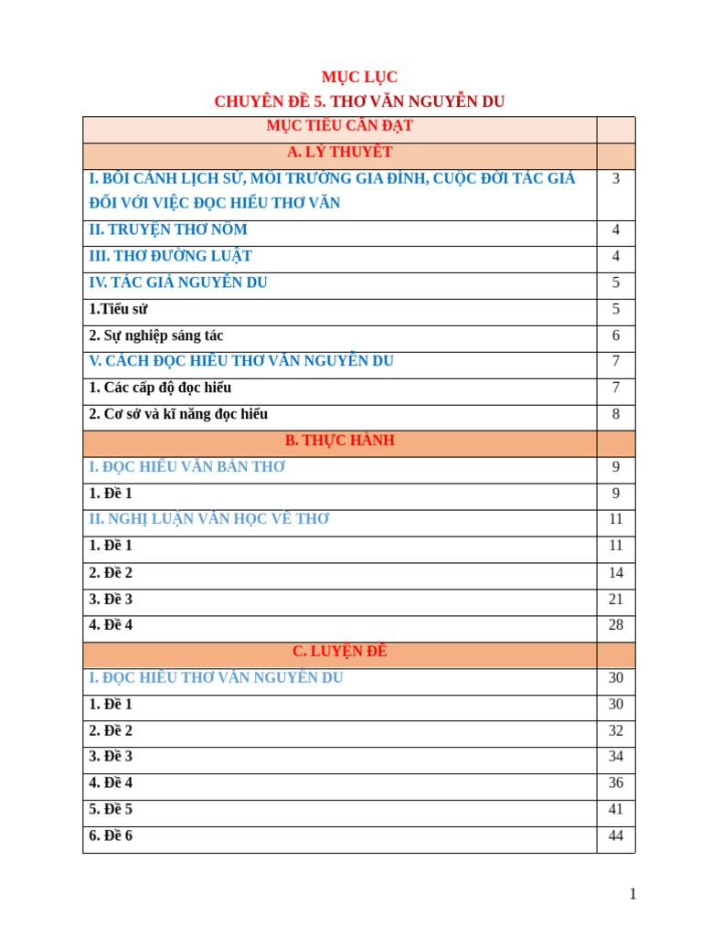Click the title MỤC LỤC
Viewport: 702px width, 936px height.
359,78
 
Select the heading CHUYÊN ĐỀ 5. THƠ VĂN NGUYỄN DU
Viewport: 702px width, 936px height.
359,101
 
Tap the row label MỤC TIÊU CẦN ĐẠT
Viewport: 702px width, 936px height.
339,126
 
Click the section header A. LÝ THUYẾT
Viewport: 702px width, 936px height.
339,153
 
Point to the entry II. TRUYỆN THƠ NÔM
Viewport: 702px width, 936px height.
168,230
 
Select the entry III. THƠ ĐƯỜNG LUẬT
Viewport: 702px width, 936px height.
170,257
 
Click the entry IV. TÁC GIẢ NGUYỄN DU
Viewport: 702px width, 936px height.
178,283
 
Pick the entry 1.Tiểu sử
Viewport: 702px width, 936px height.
118,309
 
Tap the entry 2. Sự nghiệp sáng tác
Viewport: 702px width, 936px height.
156,335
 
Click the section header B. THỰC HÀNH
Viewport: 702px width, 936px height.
339,441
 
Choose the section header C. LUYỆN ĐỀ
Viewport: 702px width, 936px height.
339,652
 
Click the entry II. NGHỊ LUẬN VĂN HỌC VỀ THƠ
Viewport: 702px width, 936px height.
209,519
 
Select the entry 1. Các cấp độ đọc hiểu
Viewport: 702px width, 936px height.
160,388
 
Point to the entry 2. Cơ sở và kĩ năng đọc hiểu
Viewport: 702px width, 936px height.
178,414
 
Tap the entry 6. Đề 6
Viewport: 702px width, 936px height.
111,836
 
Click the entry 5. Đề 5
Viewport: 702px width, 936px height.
111,810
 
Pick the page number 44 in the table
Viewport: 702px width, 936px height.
616,836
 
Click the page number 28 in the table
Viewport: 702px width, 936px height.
616,625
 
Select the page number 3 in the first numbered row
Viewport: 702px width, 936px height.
616,179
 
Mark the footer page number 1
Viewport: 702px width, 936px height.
633,894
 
